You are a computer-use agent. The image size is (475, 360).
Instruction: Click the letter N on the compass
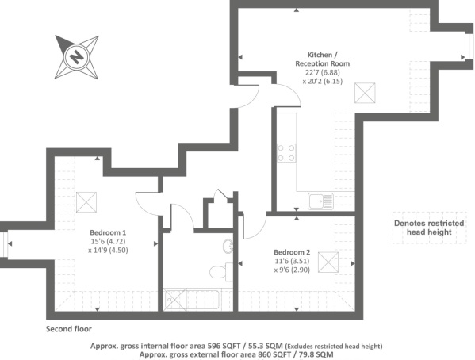(76, 56)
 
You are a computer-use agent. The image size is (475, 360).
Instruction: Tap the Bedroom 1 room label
(108, 232)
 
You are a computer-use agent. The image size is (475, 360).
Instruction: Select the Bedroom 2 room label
(292, 252)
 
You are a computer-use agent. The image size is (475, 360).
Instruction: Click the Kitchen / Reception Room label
(322, 59)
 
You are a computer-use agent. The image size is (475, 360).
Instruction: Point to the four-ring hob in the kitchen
(286, 153)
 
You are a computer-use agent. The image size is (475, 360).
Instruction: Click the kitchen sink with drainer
(321, 201)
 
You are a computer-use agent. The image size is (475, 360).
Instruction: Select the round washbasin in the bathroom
(228, 246)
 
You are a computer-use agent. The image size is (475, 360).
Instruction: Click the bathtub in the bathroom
(191, 300)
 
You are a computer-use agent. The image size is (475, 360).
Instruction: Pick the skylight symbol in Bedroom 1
(86, 202)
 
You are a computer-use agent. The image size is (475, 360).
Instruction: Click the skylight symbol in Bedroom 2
(328, 262)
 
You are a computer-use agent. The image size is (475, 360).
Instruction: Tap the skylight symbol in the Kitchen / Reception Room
(365, 93)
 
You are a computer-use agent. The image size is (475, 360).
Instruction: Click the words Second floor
(69, 329)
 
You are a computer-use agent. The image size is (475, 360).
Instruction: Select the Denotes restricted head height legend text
(429, 228)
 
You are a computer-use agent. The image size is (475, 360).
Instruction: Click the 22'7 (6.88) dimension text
(322, 72)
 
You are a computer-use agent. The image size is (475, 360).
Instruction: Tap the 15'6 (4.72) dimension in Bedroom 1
(108, 242)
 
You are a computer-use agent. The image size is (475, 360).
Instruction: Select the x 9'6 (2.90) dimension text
(292, 270)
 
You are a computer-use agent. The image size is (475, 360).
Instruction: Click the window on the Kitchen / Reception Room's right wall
(469, 45)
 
